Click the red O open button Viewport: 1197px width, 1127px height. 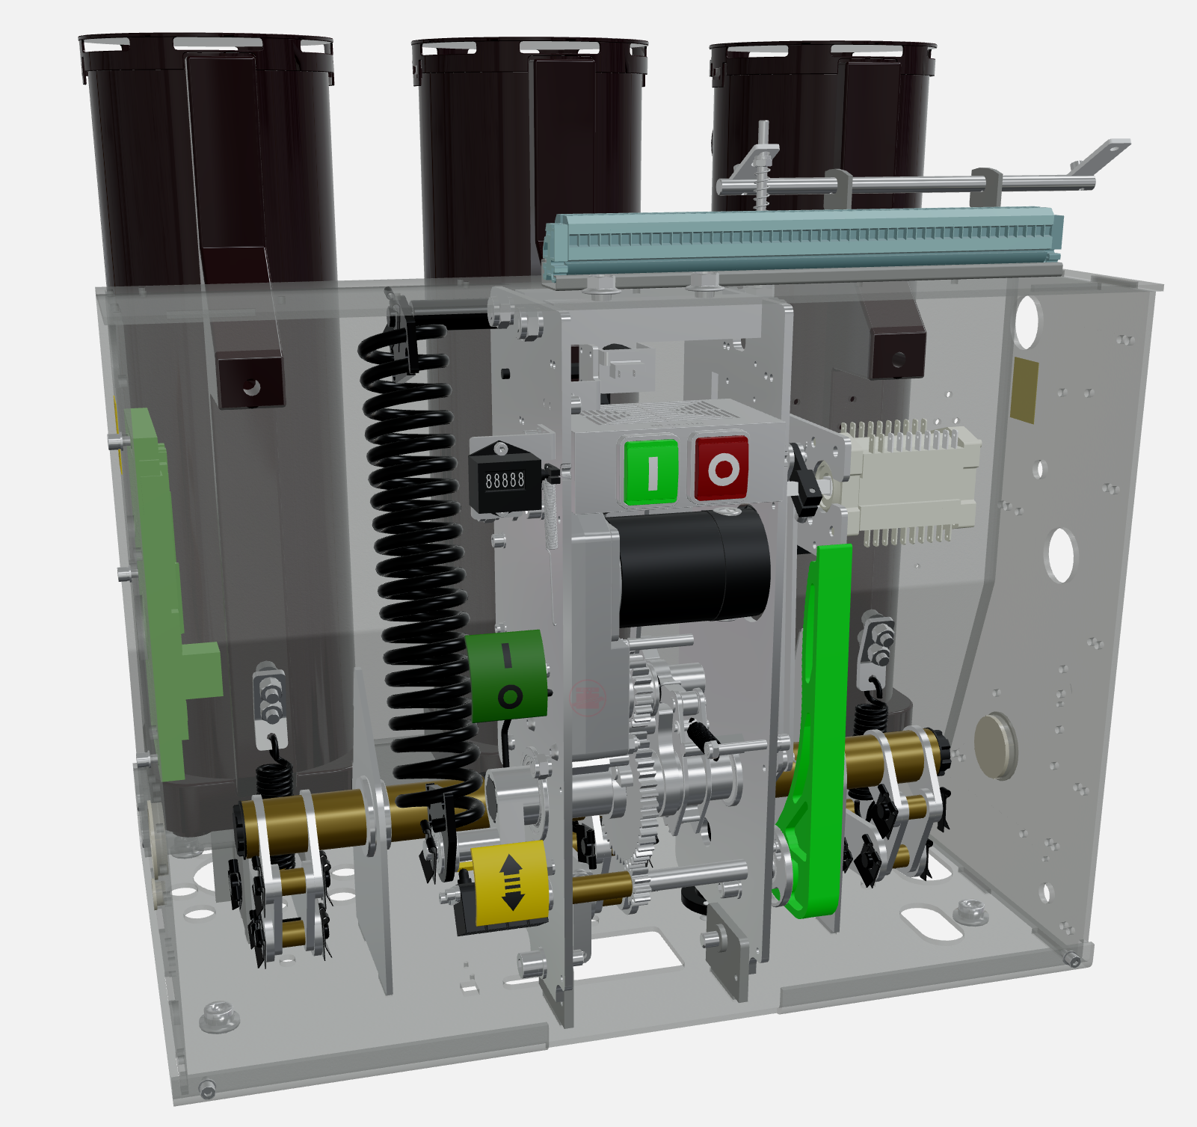[x=721, y=468]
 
